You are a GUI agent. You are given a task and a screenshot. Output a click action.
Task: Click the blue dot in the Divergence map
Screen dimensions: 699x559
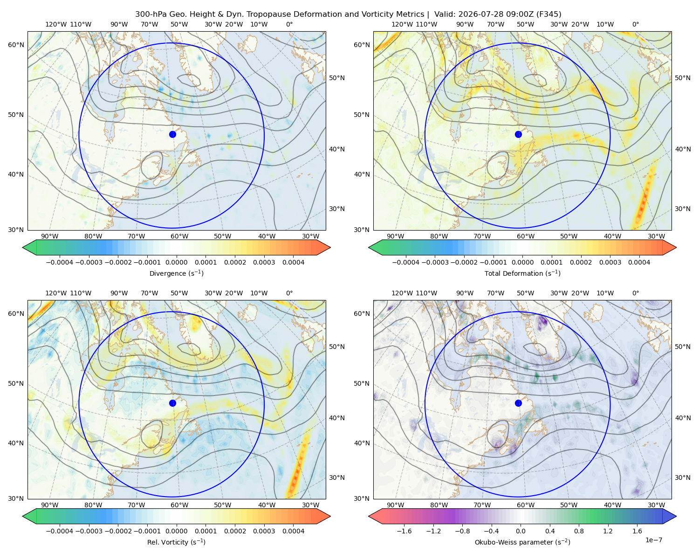pos(172,134)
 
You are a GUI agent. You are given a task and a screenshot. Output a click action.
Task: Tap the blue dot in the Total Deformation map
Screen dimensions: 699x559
pos(518,134)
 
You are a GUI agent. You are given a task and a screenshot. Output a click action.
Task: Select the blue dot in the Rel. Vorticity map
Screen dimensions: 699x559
pos(172,403)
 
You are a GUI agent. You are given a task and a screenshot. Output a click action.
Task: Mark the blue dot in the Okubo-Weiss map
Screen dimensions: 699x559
pos(518,403)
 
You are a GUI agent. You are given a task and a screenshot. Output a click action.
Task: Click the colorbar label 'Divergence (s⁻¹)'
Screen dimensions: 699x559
pos(176,273)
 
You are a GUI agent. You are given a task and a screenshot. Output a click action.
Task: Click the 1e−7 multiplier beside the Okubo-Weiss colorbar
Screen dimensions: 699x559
pos(653,540)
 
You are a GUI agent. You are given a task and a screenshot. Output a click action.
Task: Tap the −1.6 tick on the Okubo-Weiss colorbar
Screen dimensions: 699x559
pos(404,531)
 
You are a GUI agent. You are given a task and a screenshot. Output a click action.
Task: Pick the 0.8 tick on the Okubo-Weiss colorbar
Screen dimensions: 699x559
pos(579,531)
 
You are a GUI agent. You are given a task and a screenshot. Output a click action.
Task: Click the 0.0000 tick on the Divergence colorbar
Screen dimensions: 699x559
pos(176,262)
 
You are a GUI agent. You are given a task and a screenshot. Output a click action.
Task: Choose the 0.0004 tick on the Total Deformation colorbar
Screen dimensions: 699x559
pos(639,262)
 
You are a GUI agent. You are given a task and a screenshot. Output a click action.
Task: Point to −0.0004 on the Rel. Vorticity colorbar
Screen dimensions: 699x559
pos(60,531)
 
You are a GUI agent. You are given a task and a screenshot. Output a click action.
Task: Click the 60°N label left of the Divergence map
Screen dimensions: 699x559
pos(16,45)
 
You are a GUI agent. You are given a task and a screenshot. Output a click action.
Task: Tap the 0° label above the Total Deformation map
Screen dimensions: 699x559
pos(635,24)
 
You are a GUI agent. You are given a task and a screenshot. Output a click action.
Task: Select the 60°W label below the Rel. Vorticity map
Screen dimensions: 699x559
pos(179,505)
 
